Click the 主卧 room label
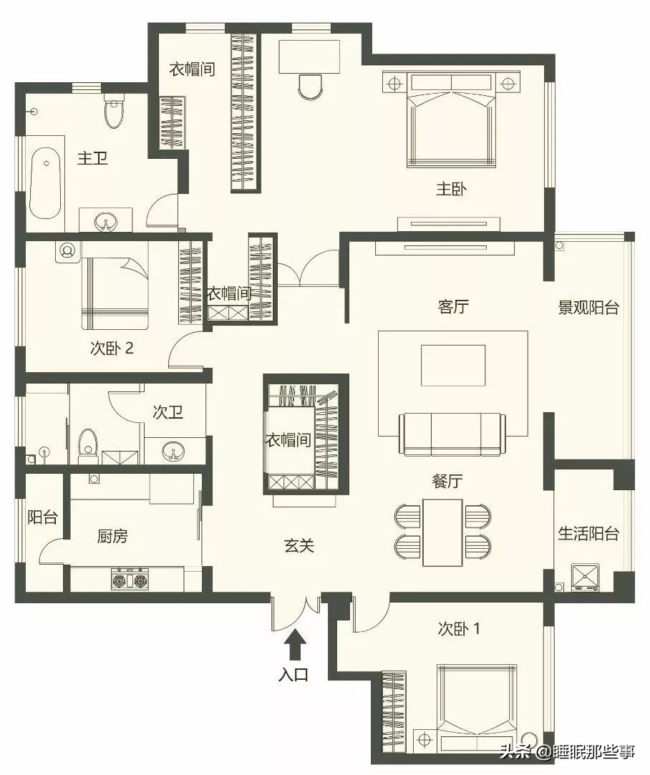click(x=452, y=190)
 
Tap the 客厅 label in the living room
click(x=452, y=307)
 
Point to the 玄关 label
click(x=299, y=545)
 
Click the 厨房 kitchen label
click(x=112, y=536)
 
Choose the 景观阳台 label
click(x=588, y=308)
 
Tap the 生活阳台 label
click(x=588, y=533)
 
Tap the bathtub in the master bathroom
click(x=45, y=183)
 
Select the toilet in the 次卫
click(x=87, y=442)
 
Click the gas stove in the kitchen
click(x=130, y=579)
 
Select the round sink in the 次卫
click(x=173, y=452)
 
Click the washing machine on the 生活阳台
click(x=585, y=577)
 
